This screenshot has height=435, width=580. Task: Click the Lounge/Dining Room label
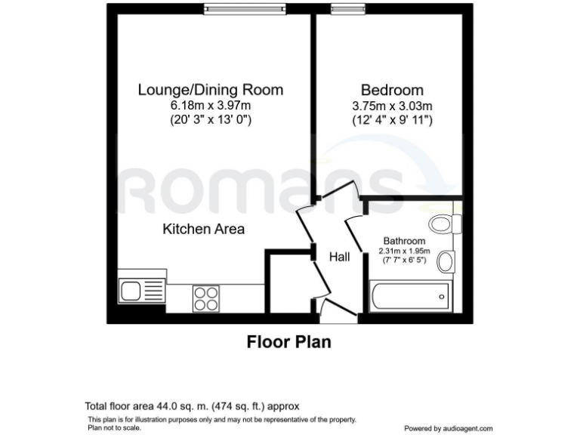[210, 90]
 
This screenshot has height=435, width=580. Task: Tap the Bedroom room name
[392, 90]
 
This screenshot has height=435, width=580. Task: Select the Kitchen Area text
[204, 228]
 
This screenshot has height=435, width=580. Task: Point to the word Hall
[339, 258]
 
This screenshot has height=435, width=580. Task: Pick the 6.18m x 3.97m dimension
[210, 105]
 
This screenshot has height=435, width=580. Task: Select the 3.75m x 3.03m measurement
[392, 105]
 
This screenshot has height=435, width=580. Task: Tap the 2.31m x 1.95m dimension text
[406, 251]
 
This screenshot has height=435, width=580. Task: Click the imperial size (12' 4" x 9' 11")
[392, 119]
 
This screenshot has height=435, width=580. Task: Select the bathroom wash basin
[446, 261]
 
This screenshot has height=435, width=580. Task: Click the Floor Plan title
[289, 342]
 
